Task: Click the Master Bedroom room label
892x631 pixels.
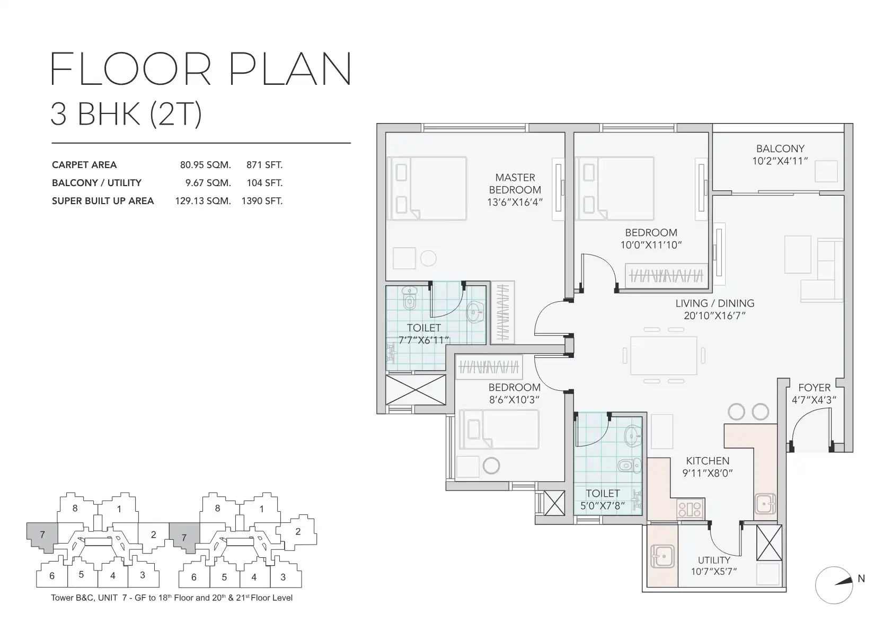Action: (515, 183)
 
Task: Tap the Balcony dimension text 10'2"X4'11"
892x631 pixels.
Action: (780, 161)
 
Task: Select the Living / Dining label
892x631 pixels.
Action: (715, 303)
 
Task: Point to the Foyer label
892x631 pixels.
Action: (814, 387)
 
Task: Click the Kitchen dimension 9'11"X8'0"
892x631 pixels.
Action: (708, 473)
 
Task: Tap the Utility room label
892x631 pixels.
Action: (713, 560)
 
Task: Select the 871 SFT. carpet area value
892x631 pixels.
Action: (264, 165)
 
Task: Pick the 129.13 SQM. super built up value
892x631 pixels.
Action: (203, 201)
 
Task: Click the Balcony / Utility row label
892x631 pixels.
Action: (97, 183)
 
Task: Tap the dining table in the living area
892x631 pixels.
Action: (664, 355)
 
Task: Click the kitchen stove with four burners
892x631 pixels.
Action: (690, 509)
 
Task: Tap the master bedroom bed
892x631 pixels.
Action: (427, 188)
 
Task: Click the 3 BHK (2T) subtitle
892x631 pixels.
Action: (126, 114)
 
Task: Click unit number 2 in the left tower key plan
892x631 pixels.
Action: (153, 534)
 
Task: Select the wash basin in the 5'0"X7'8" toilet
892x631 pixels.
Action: (633, 436)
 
